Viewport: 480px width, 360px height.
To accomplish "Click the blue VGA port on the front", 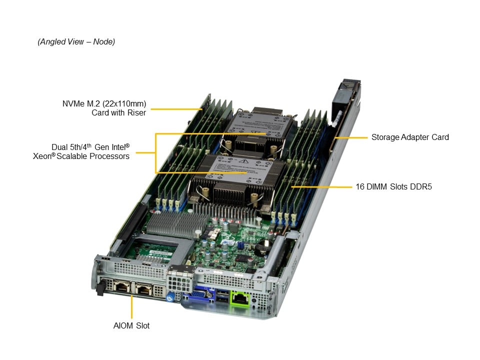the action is (199, 294).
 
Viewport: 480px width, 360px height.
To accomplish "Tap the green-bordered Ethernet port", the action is (240, 297).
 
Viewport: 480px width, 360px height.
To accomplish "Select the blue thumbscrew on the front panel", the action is (170, 297).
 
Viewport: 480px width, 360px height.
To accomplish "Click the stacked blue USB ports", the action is (222, 295).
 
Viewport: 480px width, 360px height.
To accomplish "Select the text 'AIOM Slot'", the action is (131, 325).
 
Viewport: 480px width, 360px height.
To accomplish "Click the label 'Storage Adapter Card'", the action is (410, 137).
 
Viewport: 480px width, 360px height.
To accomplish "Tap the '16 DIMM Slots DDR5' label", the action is (393, 186).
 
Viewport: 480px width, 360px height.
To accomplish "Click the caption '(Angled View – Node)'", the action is (76, 41).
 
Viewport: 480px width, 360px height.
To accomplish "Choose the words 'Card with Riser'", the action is (119, 112).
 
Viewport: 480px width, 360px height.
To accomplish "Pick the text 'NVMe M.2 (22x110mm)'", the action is (104, 103).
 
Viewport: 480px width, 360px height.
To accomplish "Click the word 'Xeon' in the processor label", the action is (42, 156).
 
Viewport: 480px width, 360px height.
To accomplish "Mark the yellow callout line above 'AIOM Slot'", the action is (132, 306).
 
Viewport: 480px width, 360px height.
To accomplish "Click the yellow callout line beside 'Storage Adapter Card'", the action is (351, 138).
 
